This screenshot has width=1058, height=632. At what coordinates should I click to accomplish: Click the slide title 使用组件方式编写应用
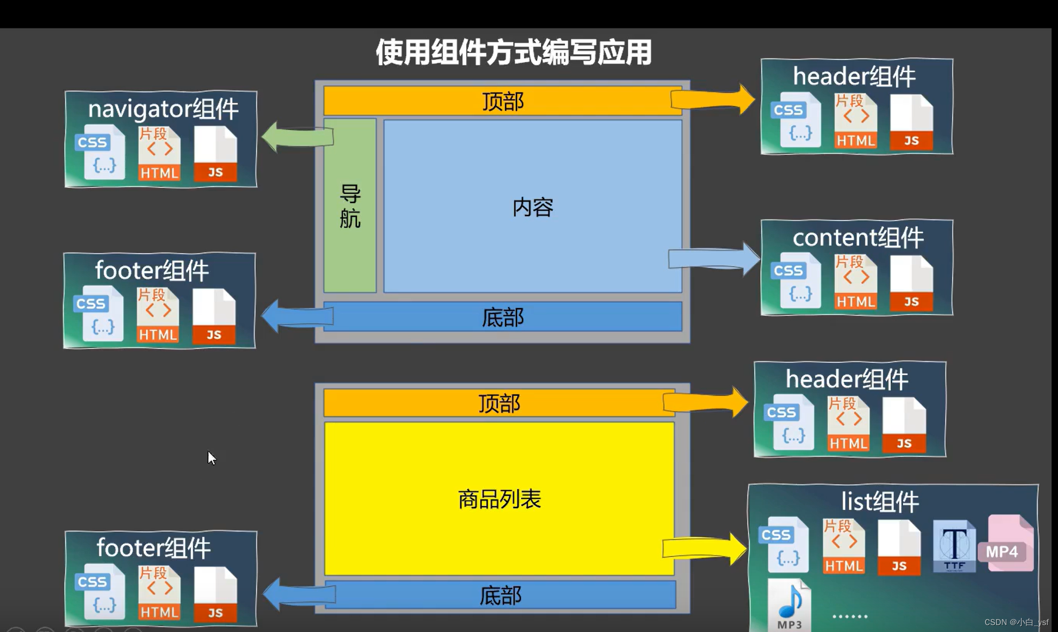pos(513,52)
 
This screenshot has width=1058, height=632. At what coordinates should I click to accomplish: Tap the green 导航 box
pos(350,206)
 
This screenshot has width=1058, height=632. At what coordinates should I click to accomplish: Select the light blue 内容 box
pos(532,207)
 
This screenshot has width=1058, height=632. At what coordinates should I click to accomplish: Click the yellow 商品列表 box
pos(499,499)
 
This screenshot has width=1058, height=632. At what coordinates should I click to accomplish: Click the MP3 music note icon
pos(790,605)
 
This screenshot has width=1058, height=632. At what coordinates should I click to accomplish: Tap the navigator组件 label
pos(163,109)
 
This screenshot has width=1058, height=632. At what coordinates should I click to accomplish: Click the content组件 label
pos(858,238)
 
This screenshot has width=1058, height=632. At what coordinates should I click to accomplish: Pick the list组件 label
pos(880,502)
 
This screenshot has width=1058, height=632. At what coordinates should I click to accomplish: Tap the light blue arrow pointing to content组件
pos(714,258)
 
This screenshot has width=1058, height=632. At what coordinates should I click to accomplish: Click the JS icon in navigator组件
pos(215,154)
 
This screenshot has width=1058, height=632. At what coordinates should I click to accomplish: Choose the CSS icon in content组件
pos(795,281)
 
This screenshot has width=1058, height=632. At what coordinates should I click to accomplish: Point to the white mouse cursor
pos(211,458)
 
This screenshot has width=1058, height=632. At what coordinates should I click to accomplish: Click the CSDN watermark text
pos(1016,622)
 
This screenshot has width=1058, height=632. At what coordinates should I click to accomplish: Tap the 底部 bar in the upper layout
pos(503,317)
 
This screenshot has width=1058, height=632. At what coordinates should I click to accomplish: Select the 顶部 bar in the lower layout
pos(499,403)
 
